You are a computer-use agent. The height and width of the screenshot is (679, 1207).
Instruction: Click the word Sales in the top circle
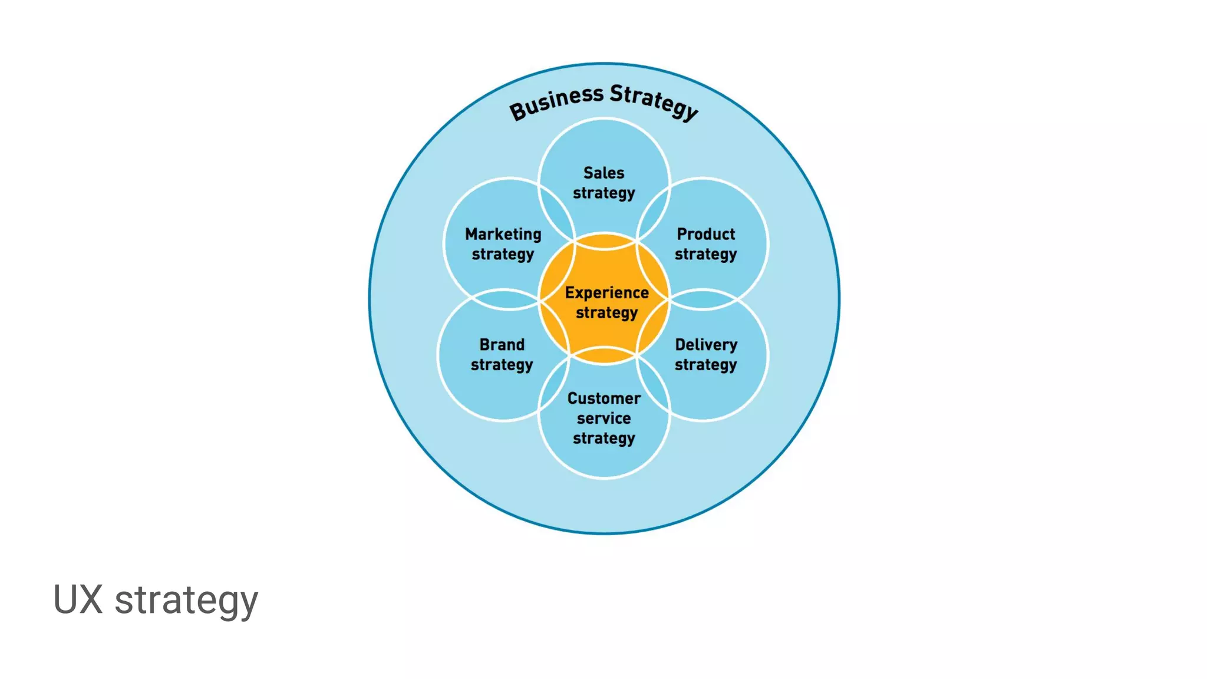(603, 173)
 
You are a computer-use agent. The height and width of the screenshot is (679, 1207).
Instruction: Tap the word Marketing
(503, 235)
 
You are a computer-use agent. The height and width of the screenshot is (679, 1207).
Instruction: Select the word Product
(705, 234)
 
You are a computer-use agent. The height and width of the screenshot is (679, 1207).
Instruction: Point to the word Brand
(502, 344)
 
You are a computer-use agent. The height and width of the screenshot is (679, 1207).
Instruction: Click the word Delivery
(706, 344)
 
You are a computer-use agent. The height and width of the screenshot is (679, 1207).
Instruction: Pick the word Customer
(603, 398)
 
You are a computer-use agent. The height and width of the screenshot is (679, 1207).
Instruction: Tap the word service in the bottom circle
(603, 418)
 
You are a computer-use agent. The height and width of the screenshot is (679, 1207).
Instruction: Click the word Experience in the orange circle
(606, 292)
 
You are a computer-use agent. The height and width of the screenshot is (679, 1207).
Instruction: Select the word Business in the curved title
(556, 103)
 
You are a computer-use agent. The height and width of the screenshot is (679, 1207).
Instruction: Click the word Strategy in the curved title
(654, 101)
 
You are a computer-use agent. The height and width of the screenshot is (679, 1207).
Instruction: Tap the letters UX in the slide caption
(78, 599)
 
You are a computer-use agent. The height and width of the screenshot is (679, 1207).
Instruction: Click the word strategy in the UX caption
(186, 601)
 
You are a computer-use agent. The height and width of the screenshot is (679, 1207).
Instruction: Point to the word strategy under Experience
(606, 313)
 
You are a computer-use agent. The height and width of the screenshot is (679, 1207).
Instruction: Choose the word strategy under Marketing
(503, 255)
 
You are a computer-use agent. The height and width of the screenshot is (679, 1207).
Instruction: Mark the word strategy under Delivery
(705, 365)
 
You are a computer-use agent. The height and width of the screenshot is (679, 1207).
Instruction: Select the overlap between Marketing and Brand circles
(506, 299)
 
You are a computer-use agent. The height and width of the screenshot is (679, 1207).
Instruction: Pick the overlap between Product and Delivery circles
(703, 299)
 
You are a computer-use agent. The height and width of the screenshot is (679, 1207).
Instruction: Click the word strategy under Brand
(502, 365)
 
